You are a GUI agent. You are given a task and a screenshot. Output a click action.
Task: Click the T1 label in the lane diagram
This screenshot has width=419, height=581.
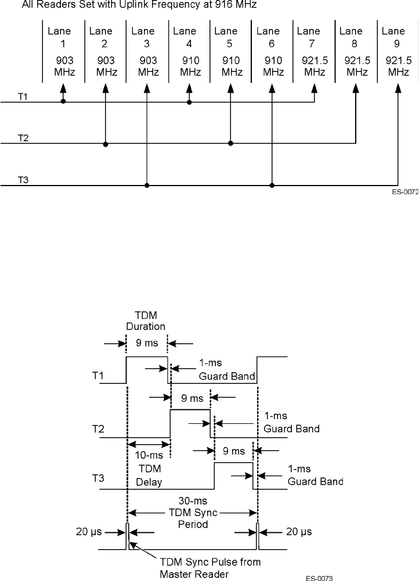pyautogui.click(x=23, y=97)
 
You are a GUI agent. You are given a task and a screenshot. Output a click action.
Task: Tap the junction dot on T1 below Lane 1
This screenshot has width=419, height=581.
pyautogui.click(x=63, y=102)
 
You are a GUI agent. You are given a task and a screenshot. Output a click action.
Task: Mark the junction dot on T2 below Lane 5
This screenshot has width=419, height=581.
pyautogui.click(x=230, y=143)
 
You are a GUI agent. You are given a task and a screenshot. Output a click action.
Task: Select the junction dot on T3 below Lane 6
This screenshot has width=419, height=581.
pyautogui.click(x=272, y=186)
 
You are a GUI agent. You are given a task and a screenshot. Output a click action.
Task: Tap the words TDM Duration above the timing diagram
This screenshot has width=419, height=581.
pyautogui.click(x=146, y=321)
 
